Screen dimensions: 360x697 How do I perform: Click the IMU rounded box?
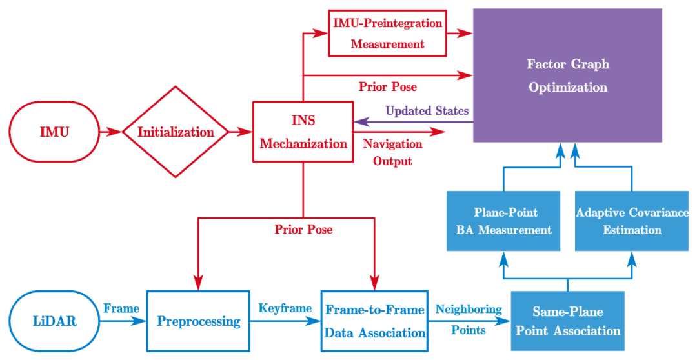(55, 132)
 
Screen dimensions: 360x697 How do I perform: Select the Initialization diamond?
(176, 132)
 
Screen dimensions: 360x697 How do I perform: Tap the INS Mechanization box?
(303, 132)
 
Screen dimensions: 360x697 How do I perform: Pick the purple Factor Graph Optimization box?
(567, 75)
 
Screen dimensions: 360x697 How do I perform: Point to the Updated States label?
(427, 111)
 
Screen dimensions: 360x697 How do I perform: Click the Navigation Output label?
(392, 152)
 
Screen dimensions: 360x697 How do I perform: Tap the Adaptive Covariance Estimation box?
(632, 221)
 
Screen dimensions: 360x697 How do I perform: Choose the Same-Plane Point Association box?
(567, 321)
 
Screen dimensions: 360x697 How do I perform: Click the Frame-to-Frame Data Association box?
(374, 321)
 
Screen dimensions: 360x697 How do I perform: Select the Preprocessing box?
(198, 321)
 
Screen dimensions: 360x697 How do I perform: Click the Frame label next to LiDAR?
(121, 308)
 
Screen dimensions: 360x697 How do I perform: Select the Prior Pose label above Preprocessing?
(303, 229)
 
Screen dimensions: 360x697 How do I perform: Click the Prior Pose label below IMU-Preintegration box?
(388, 86)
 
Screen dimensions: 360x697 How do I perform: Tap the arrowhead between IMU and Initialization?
(114, 132)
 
